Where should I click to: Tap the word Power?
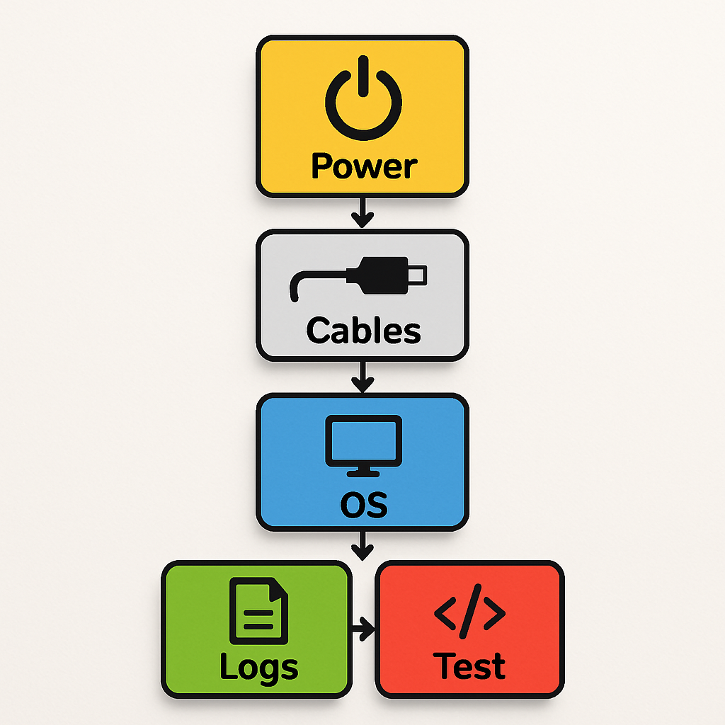364,166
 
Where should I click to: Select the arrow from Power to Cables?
362,212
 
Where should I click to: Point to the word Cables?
363,331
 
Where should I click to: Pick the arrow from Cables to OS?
362,376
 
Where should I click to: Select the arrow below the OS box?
362,545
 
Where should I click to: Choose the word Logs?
258,667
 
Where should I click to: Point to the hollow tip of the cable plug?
419,273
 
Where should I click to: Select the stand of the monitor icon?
362,469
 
